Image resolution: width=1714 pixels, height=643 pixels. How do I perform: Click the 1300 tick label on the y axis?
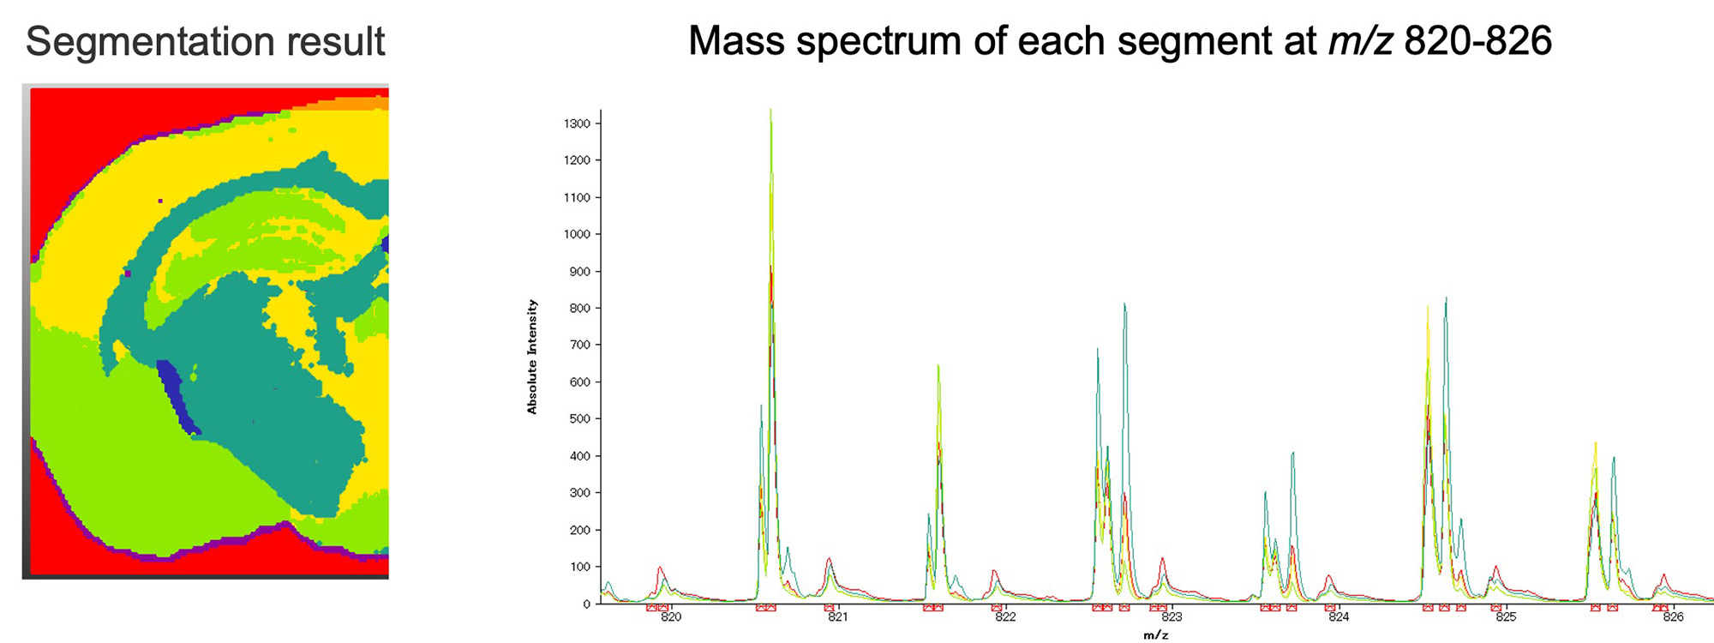click(x=577, y=123)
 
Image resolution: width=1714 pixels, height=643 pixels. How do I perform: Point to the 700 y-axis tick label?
click(x=580, y=345)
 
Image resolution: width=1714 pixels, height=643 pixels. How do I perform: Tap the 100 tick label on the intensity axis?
click(x=580, y=567)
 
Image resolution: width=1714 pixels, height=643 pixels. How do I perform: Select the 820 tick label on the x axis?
click(x=671, y=617)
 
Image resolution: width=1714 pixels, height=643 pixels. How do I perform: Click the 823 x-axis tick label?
click(x=1172, y=617)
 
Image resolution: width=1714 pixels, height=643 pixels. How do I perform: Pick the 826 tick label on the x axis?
click(x=1673, y=617)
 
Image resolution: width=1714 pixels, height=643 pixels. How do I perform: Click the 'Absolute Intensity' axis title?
click(x=532, y=357)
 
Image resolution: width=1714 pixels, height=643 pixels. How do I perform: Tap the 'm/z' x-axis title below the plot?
click(x=1155, y=635)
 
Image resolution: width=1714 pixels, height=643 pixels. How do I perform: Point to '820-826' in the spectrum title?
click(x=1478, y=41)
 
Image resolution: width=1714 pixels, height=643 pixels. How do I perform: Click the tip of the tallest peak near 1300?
click(x=770, y=110)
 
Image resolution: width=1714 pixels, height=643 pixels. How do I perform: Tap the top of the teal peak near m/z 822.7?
click(x=1124, y=304)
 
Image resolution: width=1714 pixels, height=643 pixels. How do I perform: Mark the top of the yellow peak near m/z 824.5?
click(x=1428, y=307)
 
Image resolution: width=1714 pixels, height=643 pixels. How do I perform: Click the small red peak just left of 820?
click(x=660, y=568)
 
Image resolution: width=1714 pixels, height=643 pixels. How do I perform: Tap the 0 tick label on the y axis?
click(x=587, y=604)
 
